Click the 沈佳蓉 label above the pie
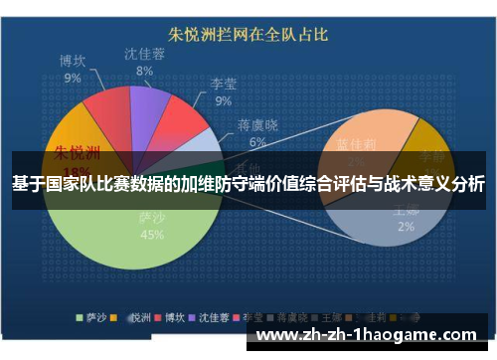tap(144, 54)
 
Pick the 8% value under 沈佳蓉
tap(144, 71)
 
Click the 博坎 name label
tap(73, 60)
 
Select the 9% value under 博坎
tap(73, 77)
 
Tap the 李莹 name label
tap(223, 85)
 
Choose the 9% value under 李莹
tap(223, 100)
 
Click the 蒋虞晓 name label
tap(257, 125)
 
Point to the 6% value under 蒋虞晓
tap(257, 141)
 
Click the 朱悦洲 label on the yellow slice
tap(75, 153)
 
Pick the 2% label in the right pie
tap(406, 227)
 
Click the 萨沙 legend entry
tap(94, 317)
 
